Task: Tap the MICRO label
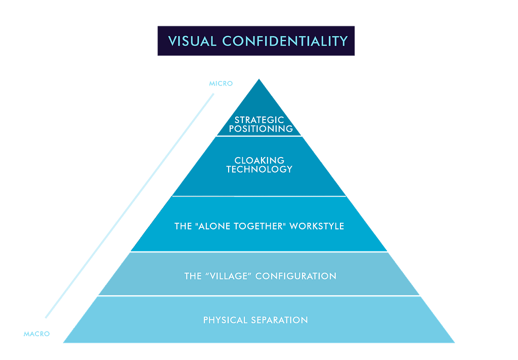click(221, 84)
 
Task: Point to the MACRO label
click(36, 334)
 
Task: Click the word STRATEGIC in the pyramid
click(260, 120)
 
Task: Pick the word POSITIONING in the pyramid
click(261, 129)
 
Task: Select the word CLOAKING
click(260, 161)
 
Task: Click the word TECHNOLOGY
click(260, 169)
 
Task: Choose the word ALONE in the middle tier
click(215, 226)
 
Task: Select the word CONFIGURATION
click(296, 276)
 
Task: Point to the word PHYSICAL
click(226, 320)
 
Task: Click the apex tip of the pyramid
click(260, 80)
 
